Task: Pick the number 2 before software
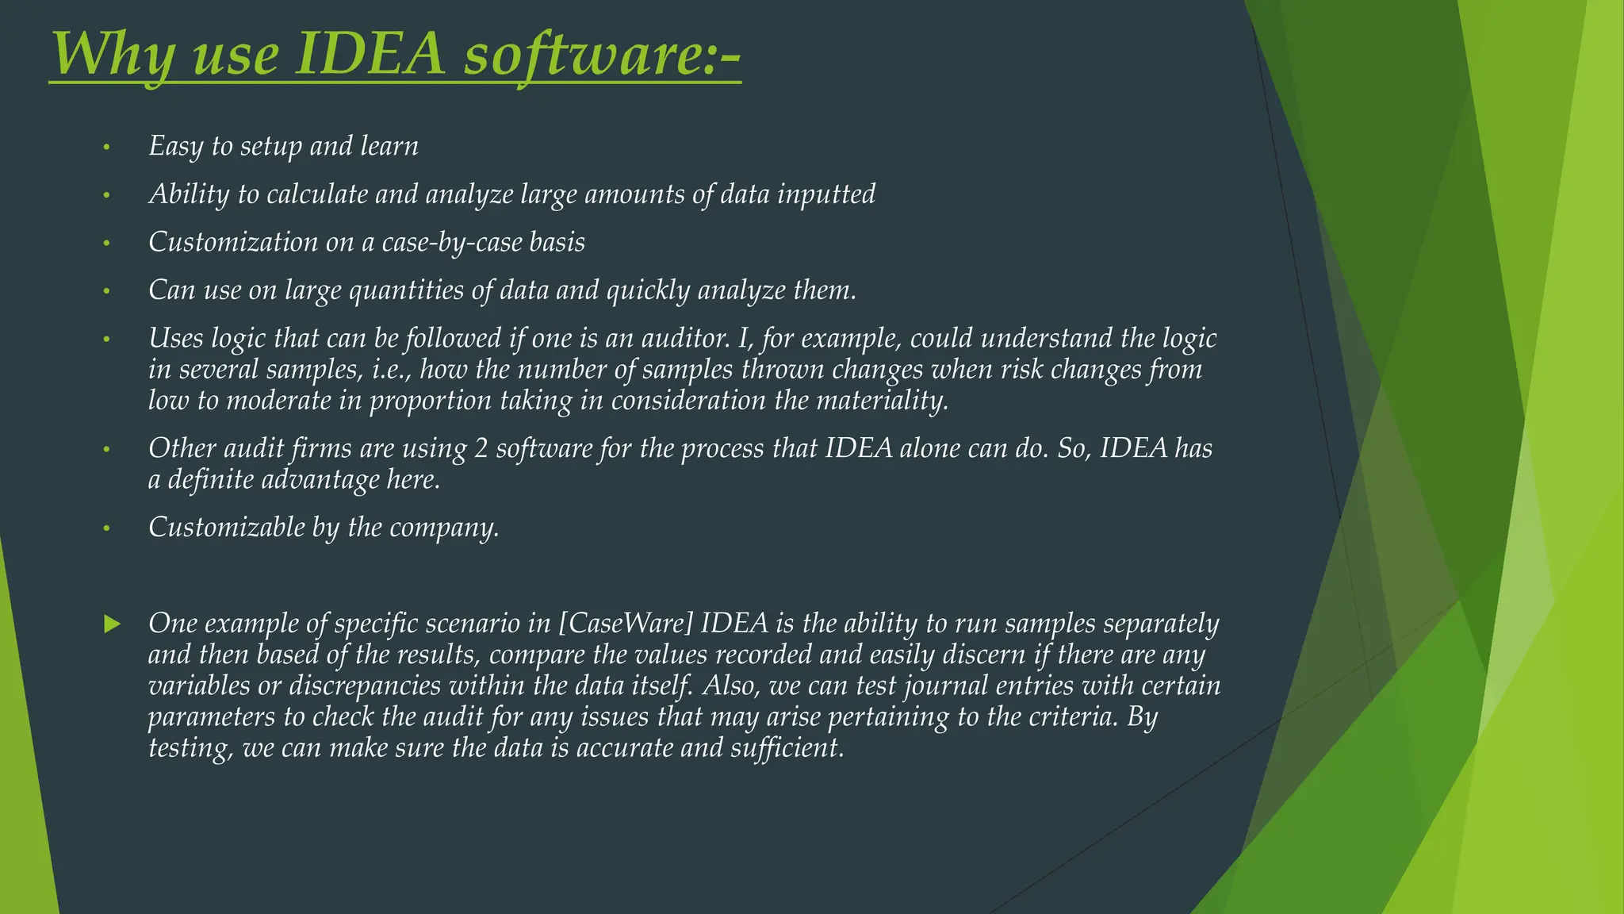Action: point(481,449)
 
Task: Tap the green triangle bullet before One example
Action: point(112,624)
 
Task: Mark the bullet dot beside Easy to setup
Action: point(105,148)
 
